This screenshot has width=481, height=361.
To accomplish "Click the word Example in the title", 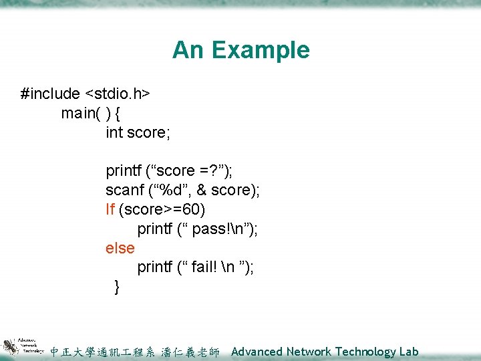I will point(264,50).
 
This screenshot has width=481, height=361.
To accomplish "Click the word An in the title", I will point(187,50).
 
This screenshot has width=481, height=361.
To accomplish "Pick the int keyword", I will point(114,132).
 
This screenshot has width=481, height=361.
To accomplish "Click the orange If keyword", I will point(110,209).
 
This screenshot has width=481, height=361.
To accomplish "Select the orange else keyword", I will point(120,248).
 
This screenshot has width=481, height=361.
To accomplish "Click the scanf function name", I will point(124,190).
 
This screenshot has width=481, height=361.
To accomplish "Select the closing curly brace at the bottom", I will point(118,287).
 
